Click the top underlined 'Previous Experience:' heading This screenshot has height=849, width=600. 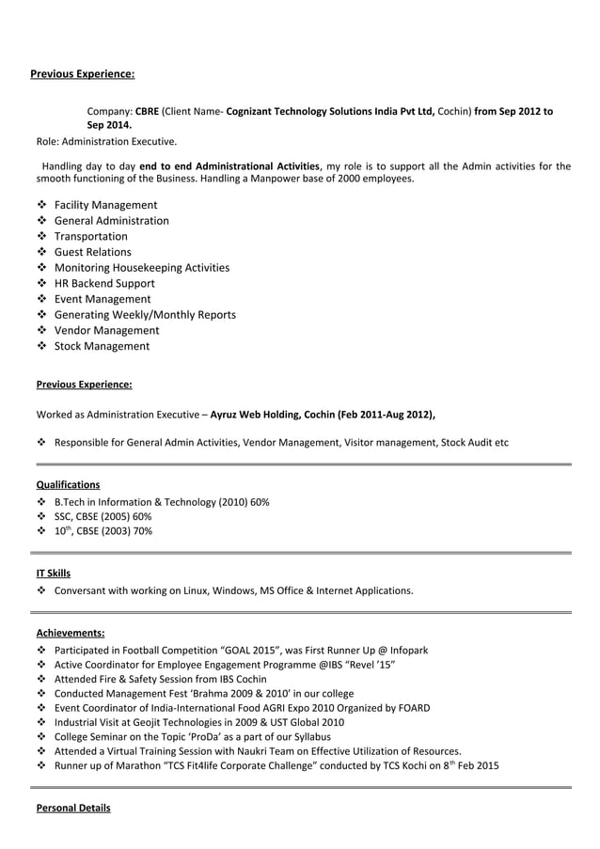coord(83,72)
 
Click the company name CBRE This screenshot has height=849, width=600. coord(147,111)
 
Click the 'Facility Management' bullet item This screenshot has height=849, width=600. coord(105,205)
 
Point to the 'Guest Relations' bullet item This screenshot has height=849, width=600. coord(92,252)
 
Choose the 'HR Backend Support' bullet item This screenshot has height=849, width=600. coord(104,283)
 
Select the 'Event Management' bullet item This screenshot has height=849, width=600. coord(102,299)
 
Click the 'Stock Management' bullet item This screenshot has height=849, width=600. coord(102,346)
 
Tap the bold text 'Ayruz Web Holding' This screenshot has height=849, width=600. coord(259,413)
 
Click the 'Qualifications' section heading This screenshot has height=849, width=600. coord(68,485)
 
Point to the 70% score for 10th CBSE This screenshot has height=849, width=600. coord(141,531)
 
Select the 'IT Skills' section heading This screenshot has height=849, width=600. coord(53,574)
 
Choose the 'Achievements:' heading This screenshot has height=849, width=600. coord(70,633)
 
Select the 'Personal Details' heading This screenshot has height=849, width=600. coord(72,809)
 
